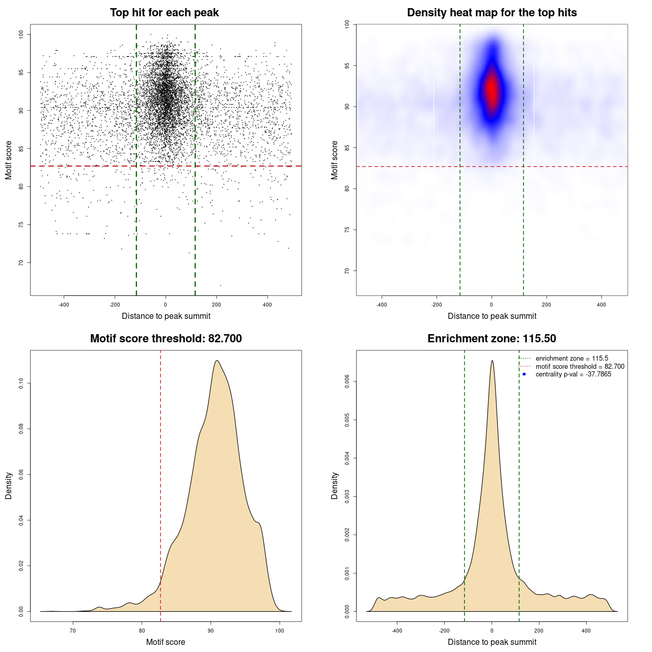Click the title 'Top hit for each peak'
(165, 13)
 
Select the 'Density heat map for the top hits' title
(492, 13)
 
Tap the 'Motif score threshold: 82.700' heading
(166, 339)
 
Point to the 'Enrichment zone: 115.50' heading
(492, 339)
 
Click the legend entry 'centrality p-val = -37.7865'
(573, 374)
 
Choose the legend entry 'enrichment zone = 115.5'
(572, 359)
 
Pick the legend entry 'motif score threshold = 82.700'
(580, 367)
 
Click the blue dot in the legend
(524, 374)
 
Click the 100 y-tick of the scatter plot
(21, 34)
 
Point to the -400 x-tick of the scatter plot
(64, 305)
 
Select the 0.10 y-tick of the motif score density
(21, 383)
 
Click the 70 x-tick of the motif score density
(73, 631)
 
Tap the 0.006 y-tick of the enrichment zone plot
(347, 382)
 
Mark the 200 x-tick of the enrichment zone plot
(539, 631)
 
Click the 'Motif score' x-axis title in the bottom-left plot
(166, 642)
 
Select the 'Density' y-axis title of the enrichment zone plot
(335, 485)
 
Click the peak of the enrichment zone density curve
(492, 361)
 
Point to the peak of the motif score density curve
(217, 361)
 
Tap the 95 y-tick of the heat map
(347, 66)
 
